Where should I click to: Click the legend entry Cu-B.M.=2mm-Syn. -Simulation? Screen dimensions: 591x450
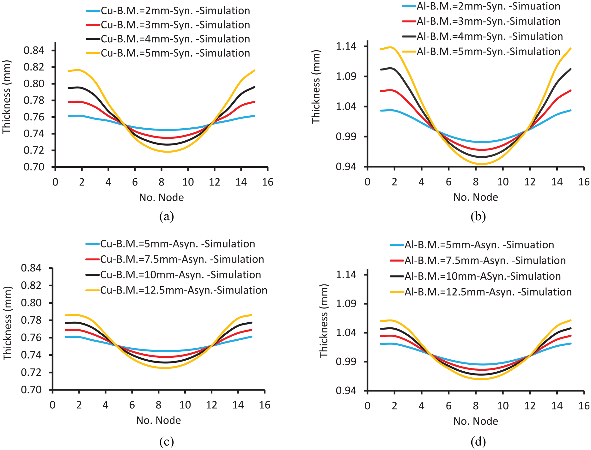pos(168,11)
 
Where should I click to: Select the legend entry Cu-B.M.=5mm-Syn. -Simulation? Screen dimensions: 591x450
pos(168,53)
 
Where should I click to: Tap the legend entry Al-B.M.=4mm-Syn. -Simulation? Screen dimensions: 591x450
pos(482,36)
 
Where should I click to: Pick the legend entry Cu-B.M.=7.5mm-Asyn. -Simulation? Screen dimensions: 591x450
pos(175,259)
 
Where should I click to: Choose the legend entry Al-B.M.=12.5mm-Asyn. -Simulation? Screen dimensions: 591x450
pos(481,292)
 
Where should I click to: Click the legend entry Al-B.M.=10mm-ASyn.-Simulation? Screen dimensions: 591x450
pos(475,276)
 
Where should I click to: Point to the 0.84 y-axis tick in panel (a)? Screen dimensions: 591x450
pos(34,50)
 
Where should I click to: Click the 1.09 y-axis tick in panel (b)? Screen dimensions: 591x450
pos(346,76)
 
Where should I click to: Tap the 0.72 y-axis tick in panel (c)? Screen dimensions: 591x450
pos(31,372)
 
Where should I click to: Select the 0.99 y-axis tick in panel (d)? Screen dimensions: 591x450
pos(346,362)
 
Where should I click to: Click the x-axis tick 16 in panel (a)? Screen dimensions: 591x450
pos(268,182)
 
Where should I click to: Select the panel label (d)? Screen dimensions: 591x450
pos(478,442)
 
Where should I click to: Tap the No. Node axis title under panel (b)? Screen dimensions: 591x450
pos(476,197)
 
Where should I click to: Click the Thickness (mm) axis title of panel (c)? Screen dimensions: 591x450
pos(7,323)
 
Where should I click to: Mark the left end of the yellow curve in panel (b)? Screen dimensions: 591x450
pos(381,49)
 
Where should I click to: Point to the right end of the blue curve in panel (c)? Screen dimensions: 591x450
pos(252,337)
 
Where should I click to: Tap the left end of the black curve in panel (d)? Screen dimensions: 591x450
pos(381,329)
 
